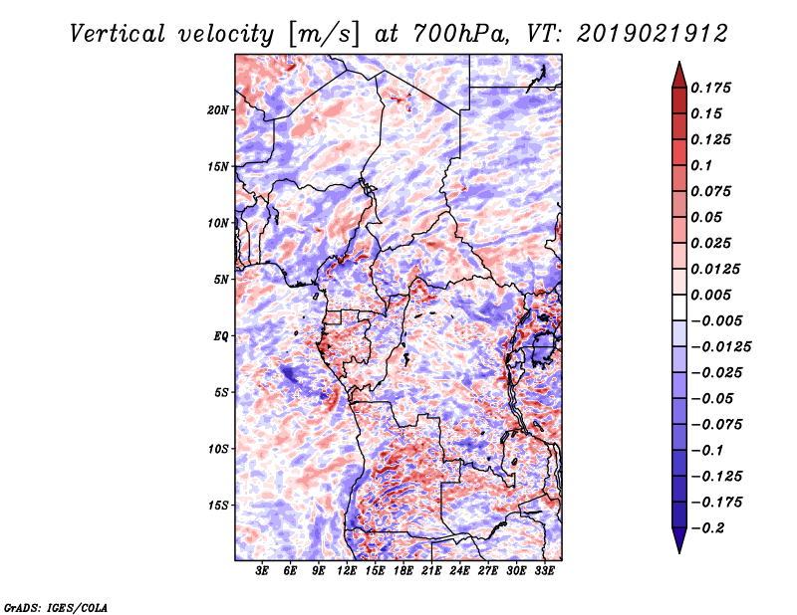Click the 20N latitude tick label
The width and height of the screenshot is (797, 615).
218,109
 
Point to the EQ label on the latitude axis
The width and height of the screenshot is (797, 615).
221,336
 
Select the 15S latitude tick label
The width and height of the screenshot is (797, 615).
218,506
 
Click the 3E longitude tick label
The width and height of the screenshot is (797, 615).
262,571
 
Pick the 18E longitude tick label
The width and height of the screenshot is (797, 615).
404,571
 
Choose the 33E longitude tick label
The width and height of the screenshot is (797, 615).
545,571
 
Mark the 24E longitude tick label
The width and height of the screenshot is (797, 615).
460,571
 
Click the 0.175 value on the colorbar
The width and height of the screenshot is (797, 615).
714,88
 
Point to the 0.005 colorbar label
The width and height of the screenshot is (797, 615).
714,295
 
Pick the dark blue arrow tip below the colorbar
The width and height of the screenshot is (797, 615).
677,545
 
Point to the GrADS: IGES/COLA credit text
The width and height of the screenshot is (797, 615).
55,605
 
